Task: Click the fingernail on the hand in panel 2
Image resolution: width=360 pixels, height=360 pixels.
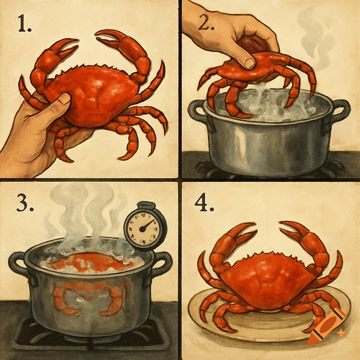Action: point(250,63)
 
